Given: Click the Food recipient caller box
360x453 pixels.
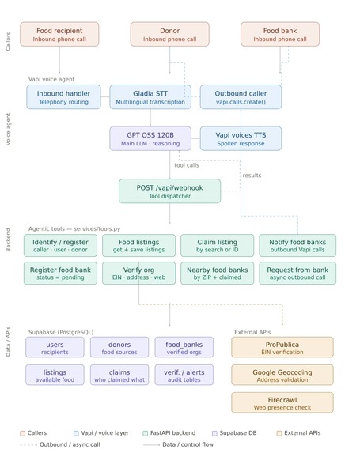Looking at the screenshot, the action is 59,34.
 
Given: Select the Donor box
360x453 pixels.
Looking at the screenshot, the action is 170,34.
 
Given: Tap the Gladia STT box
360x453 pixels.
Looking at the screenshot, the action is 150,97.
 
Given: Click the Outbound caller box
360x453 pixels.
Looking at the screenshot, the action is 241,97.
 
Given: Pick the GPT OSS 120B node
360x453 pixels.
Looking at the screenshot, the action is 150,138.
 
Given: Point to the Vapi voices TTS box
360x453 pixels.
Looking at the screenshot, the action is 241,138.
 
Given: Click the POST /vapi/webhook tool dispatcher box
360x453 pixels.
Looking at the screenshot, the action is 170,191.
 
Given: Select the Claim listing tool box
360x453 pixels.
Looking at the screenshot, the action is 217,246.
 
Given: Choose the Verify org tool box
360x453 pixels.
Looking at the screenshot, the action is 138,274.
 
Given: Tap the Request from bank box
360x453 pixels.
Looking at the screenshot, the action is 297,274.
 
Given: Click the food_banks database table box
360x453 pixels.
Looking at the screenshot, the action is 184,347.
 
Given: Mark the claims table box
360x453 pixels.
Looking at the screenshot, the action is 119,375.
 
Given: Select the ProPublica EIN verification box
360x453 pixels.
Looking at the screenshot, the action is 282,347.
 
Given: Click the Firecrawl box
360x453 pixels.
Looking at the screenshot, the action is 282,402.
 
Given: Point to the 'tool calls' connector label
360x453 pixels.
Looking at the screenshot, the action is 187,165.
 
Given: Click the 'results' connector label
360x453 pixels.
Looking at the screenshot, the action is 252,176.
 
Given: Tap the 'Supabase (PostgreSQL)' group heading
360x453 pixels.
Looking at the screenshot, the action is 61,332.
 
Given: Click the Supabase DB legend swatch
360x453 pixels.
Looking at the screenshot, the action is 214,433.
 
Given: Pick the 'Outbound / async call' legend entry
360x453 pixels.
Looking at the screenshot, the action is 60,444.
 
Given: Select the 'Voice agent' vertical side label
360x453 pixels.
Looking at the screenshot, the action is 8,129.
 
